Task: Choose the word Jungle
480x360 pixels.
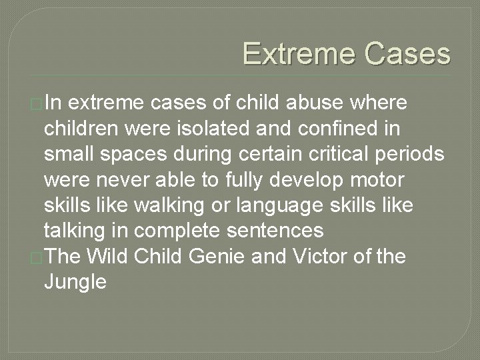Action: (x=75, y=282)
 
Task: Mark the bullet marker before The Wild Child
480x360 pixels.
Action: (x=37, y=258)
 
